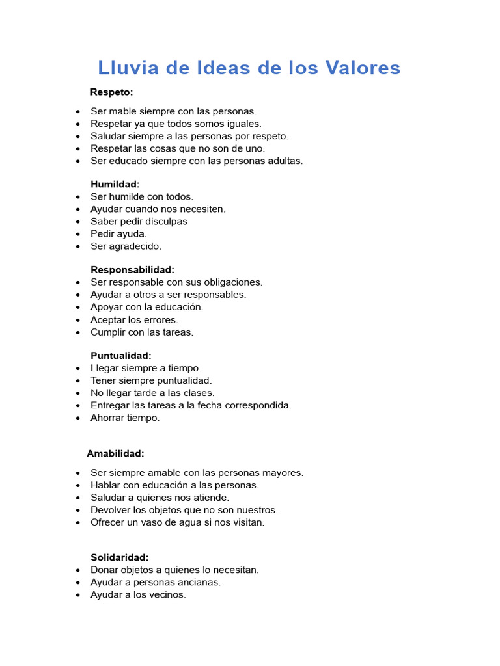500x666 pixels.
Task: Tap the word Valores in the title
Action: [365, 68]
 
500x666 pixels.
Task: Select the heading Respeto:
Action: [111, 92]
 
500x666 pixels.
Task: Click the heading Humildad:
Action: [115, 184]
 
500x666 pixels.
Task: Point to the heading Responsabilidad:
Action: [132, 269]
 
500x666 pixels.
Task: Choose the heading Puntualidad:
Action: [121, 356]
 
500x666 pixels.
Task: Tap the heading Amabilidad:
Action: [115, 453]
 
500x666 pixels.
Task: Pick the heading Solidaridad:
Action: [120, 557]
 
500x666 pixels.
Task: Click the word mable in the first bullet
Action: [123, 111]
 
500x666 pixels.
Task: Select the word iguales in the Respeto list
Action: [243, 124]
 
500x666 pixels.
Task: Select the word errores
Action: [160, 320]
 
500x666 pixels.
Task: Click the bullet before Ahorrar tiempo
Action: [78, 418]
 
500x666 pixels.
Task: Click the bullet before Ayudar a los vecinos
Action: [78, 595]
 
